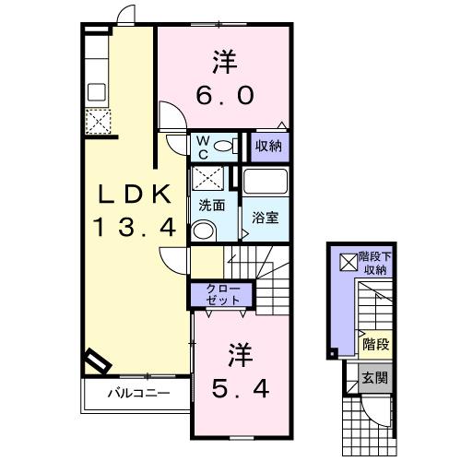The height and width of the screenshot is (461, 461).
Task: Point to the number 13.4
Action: [133, 228]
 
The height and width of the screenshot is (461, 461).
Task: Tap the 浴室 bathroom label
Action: [267, 219]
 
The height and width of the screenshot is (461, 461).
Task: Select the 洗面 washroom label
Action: [211, 207]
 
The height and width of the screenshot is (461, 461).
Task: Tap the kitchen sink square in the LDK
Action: [96, 92]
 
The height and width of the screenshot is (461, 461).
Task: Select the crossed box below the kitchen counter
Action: [96, 121]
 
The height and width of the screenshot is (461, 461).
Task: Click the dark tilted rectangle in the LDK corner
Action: [96, 361]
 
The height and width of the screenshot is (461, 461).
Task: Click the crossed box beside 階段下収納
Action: [348, 262]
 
